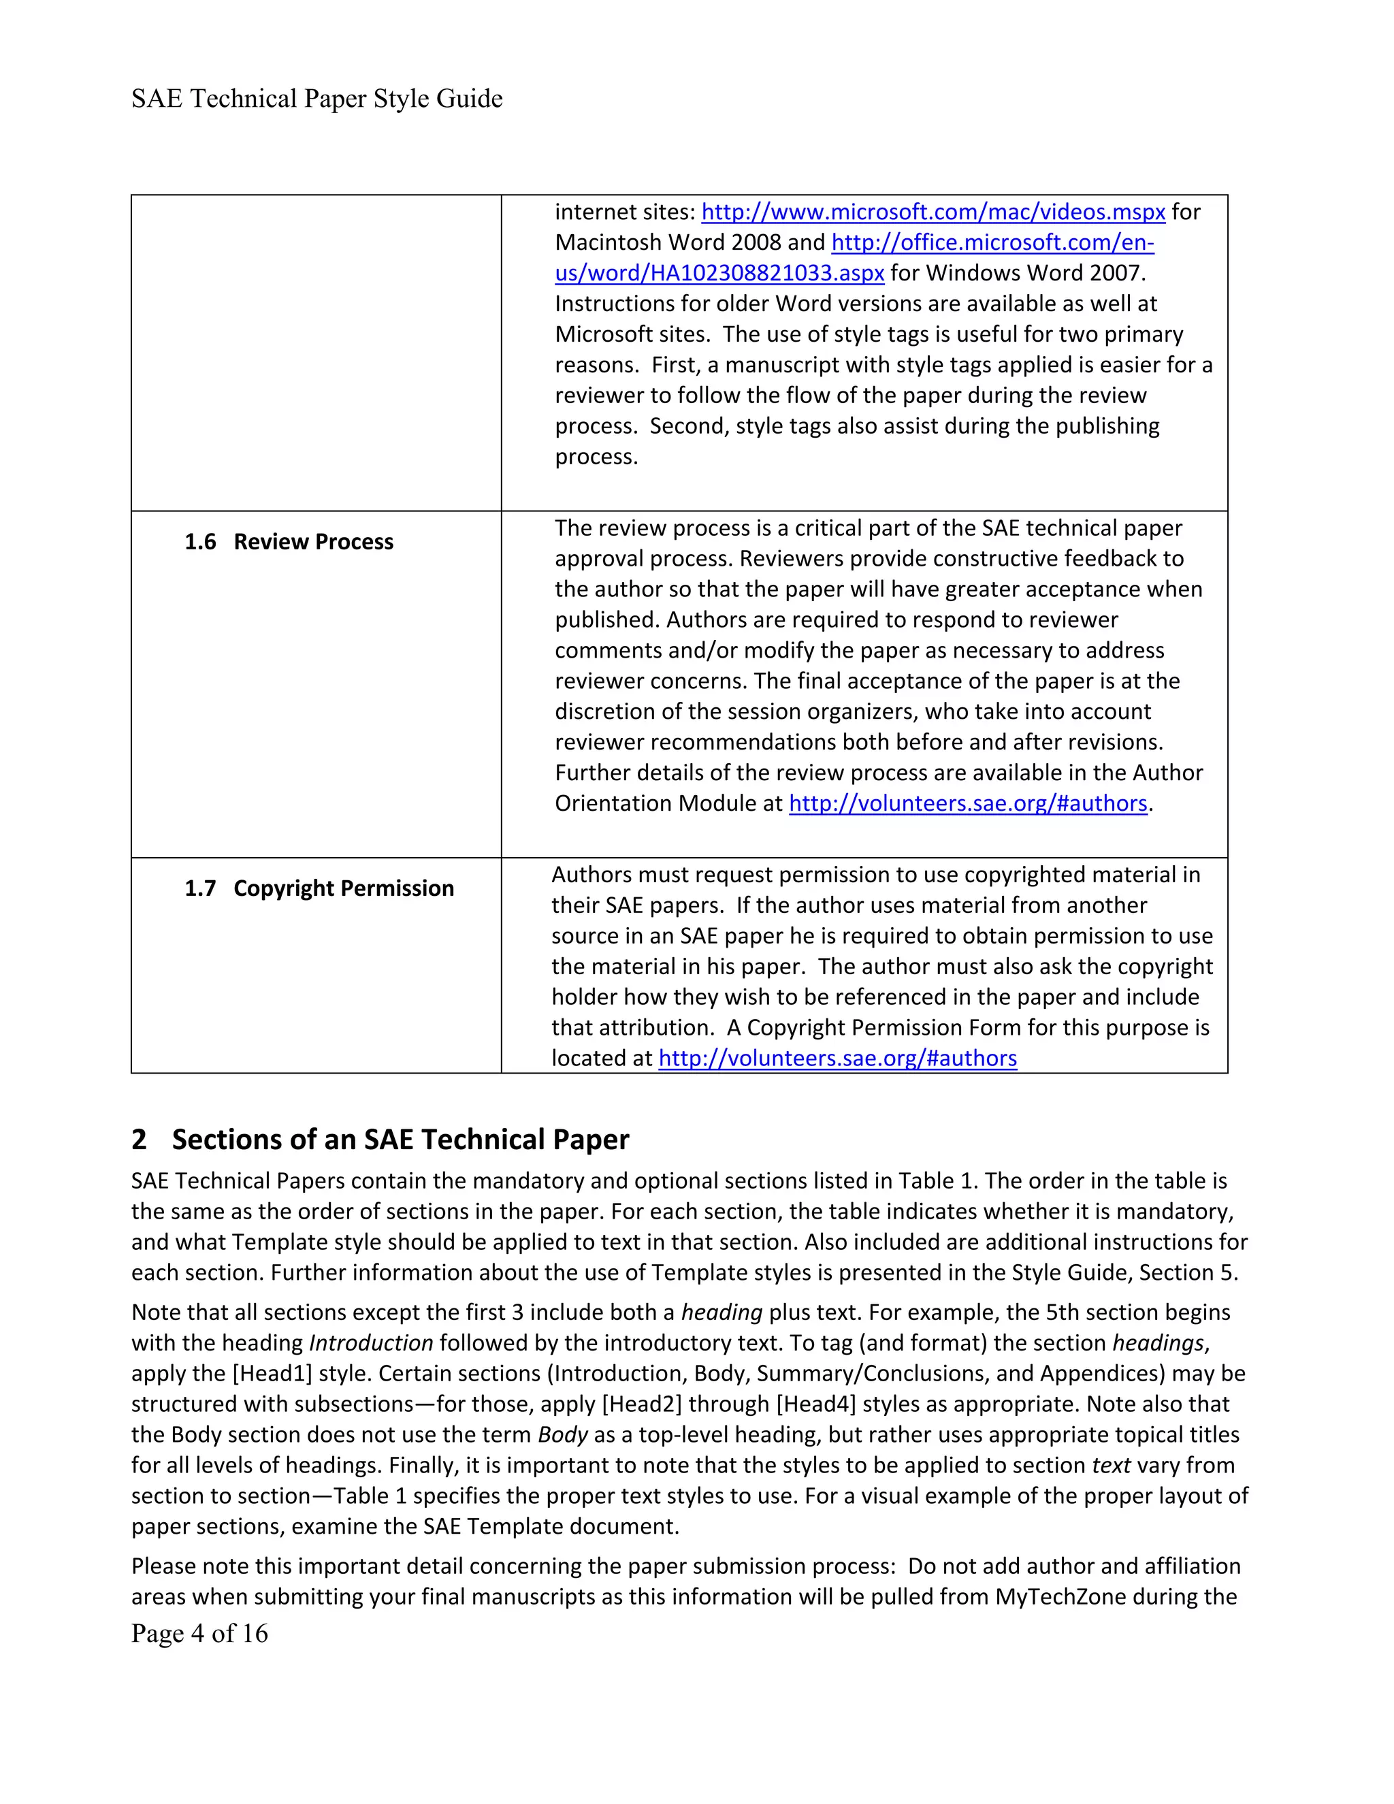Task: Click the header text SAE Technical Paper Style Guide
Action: [317, 99]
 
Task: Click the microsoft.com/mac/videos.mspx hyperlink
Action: [933, 212]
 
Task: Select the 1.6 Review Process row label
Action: [289, 542]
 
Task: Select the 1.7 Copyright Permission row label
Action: [319, 889]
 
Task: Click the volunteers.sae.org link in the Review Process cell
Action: [968, 804]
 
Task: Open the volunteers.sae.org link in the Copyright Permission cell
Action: [837, 1059]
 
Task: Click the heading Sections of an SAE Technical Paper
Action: [400, 1140]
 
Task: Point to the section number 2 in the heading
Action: [139, 1140]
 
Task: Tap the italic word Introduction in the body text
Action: [371, 1343]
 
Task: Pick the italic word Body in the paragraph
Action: [562, 1435]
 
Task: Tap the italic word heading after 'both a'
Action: [721, 1312]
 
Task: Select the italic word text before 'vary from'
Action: [1111, 1466]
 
